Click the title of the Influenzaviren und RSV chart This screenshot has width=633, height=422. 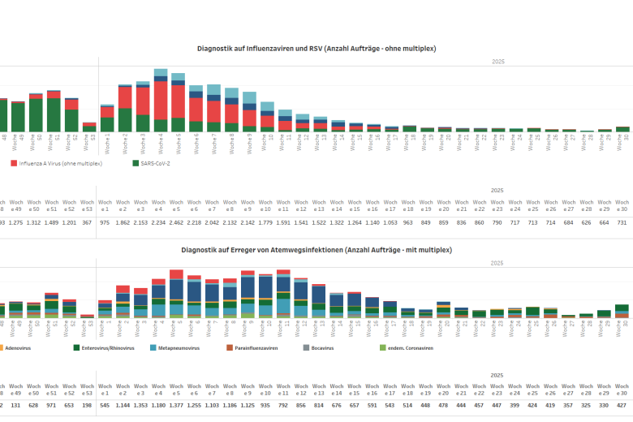pos(316,49)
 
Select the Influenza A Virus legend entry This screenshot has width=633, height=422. pos(56,163)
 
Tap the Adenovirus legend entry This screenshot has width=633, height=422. pos(16,348)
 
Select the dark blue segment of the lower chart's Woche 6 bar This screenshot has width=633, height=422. pos(196,291)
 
